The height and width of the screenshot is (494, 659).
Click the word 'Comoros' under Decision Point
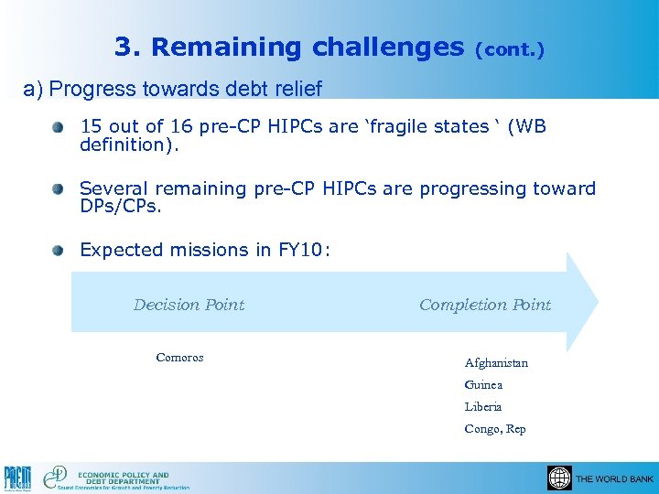(179, 358)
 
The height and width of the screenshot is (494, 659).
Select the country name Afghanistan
(496, 363)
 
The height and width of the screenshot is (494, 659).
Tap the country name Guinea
(483, 385)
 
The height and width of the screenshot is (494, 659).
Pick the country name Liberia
(483, 407)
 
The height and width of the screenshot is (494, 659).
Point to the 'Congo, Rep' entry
(495, 429)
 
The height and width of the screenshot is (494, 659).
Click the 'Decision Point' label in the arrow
(189, 305)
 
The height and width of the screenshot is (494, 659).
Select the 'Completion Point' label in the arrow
(485, 305)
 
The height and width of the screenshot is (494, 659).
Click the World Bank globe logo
(559, 478)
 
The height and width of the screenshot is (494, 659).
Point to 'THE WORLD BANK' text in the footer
(614, 479)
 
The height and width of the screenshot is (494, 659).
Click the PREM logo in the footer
(17, 478)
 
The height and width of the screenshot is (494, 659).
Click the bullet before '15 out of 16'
(59, 127)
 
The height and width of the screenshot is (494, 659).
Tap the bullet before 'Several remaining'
(59, 189)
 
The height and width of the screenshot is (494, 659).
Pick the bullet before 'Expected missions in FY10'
(59, 250)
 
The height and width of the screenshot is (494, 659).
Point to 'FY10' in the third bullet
(302, 250)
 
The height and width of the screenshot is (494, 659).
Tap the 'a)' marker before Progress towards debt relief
(33, 89)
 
